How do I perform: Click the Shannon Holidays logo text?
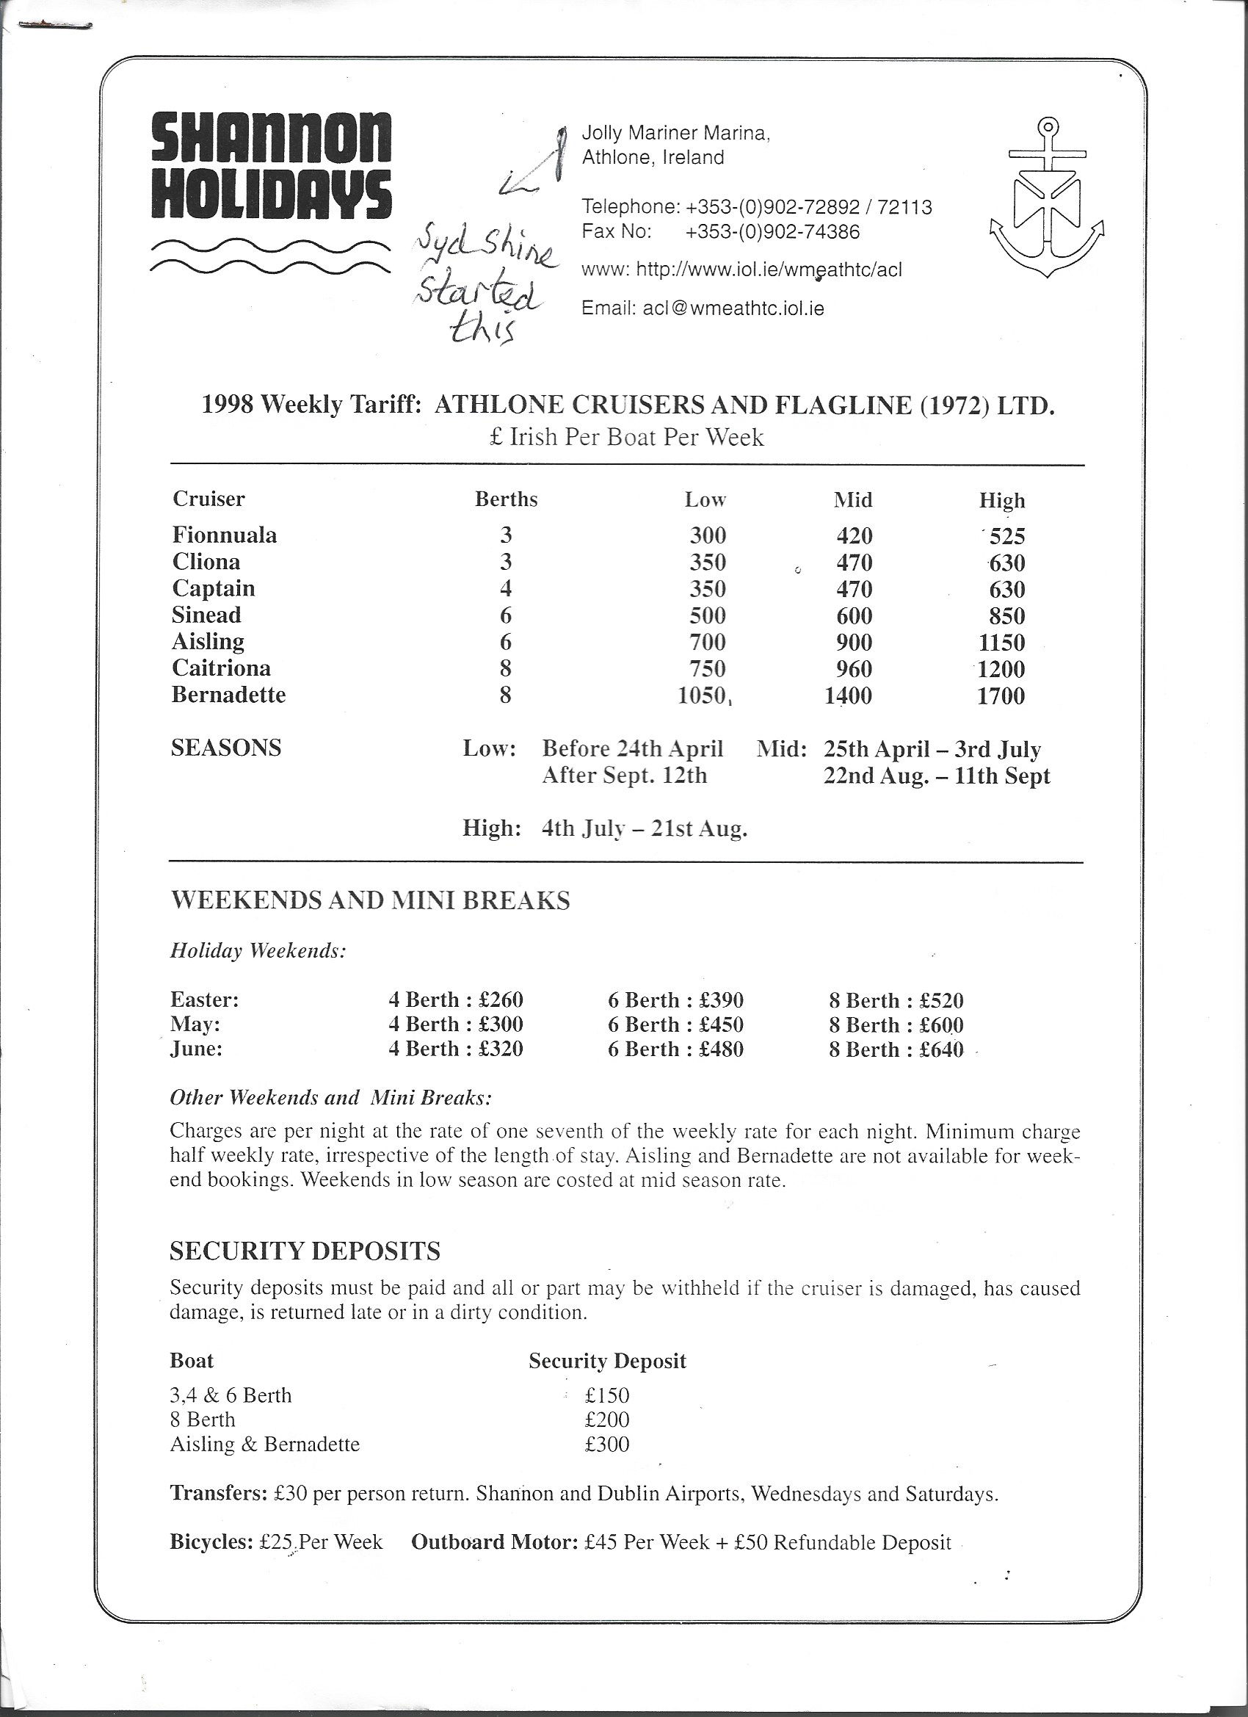pos(271,165)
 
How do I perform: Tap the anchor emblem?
pos(1047,198)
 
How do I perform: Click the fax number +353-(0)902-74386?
pos(772,231)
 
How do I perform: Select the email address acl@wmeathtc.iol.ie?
pos(733,308)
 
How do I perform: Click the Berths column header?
pos(506,499)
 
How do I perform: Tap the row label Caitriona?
pos(221,668)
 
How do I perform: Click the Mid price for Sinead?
pos(854,615)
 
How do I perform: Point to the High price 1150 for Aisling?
pos(1001,642)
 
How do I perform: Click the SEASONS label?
pos(226,748)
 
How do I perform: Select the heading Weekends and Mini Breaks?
pos(370,900)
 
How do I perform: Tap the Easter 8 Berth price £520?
pos(940,1000)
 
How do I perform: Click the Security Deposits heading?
pos(305,1251)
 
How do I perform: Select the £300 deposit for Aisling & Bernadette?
pos(607,1444)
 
